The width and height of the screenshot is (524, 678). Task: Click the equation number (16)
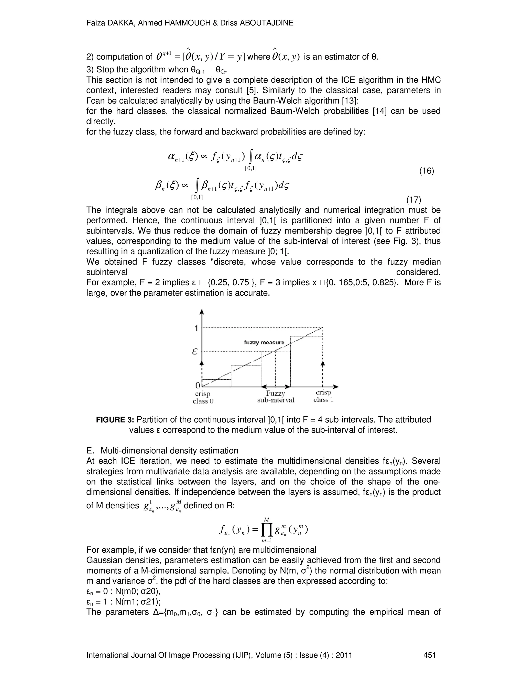[x=427, y=171]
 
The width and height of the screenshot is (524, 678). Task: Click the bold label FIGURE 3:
[x=115, y=420]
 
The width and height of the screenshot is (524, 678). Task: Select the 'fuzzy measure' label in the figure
[x=264, y=342]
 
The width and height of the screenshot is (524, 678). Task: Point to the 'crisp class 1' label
[x=323, y=396]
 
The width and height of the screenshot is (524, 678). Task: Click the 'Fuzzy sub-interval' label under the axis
[x=276, y=397]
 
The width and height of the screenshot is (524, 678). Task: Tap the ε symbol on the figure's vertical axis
[x=195, y=352]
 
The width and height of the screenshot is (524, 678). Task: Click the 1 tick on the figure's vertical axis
[x=196, y=328]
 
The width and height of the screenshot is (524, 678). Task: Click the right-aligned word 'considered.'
[x=418, y=272]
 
